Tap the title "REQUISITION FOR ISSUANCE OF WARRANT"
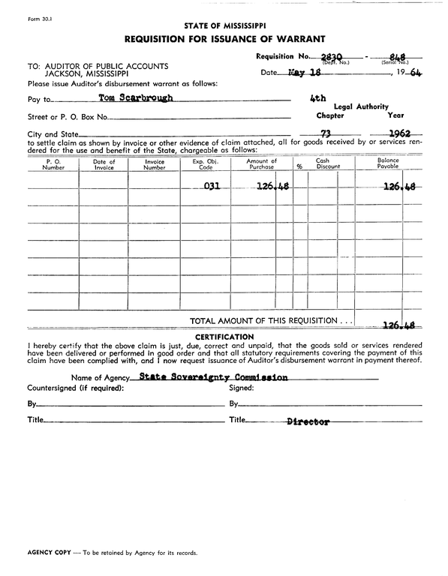point(224,39)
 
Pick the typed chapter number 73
point(326,133)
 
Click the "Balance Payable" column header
point(388,164)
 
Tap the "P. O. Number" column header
point(53,164)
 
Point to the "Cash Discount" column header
point(323,164)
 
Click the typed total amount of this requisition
point(398,325)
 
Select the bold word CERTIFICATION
point(224,336)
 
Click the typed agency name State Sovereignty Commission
point(213,377)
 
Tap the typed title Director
point(308,422)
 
